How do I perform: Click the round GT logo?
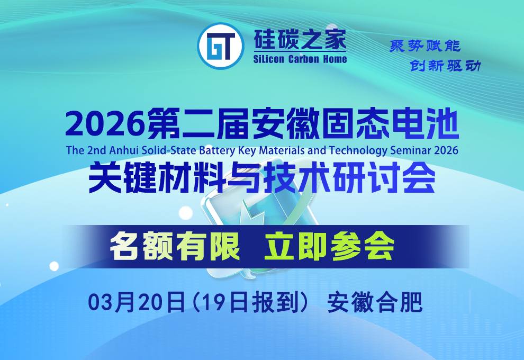coord(219,47)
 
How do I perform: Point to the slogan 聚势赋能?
coord(425,46)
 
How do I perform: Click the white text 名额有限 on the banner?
coord(175,247)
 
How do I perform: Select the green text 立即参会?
coord(329,247)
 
